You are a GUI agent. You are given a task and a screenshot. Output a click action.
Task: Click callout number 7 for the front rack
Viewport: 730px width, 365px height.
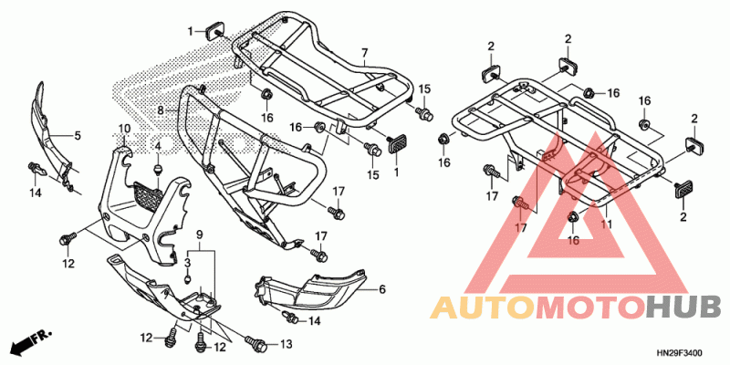point(364,53)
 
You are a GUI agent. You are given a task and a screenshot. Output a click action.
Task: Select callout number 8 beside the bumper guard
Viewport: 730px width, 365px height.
point(161,110)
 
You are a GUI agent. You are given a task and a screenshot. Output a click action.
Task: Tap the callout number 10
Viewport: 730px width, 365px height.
point(123,129)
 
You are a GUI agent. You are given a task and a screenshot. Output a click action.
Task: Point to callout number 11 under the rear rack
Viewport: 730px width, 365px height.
point(606,224)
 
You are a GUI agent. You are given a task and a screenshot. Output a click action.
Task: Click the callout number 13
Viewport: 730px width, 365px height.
point(286,345)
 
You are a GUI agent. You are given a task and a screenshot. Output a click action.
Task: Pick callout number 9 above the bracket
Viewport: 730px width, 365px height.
point(200,235)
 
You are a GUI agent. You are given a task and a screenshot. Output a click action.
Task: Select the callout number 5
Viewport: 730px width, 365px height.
point(77,136)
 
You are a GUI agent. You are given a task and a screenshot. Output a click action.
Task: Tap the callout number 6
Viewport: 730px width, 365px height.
point(382,289)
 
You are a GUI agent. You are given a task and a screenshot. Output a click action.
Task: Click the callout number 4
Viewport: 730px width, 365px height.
point(158,147)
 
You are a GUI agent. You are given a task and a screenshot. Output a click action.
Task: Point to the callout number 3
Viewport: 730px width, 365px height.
point(188,264)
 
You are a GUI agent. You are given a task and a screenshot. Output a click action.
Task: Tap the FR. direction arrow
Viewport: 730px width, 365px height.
point(32,341)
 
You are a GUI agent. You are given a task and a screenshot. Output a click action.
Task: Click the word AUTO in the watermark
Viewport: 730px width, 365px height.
point(483,308)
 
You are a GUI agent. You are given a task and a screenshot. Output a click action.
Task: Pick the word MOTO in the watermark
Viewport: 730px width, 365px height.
point(590,308)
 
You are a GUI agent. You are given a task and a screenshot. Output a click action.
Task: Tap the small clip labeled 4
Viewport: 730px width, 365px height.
point(158,169)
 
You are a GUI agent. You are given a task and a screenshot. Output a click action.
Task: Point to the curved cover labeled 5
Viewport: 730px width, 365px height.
point(50,133)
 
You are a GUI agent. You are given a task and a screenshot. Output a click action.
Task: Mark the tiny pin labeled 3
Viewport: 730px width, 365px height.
point(188,279)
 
